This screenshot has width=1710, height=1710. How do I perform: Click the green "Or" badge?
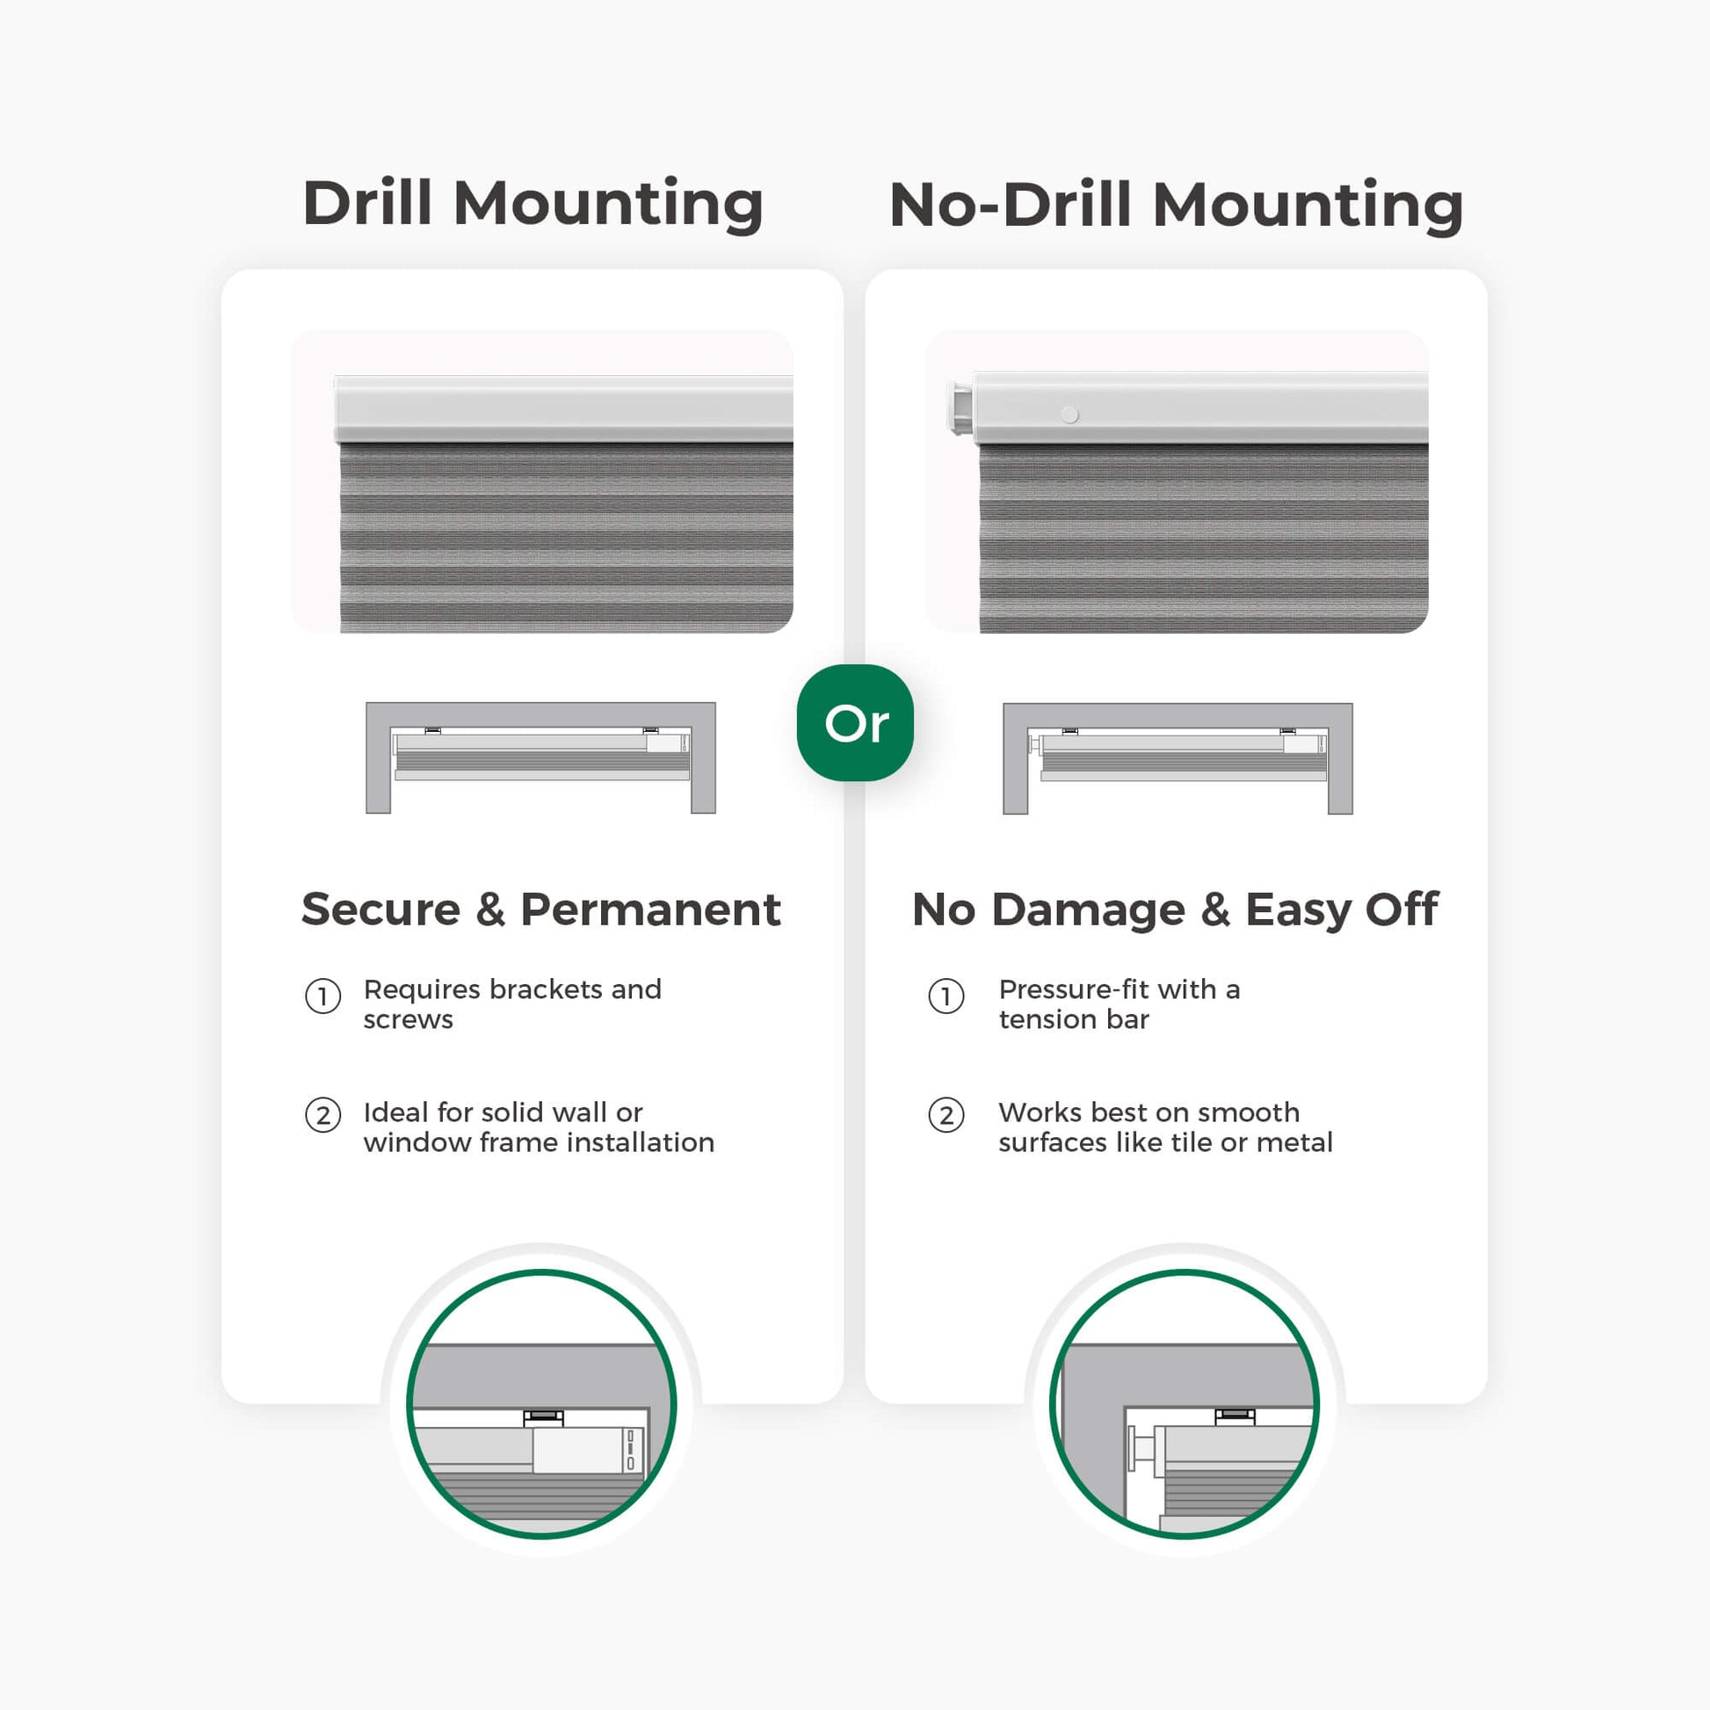(x=855, y=722)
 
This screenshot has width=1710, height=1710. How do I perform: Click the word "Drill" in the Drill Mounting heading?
(x=367, y=203)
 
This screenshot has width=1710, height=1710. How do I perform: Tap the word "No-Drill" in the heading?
(x=1010, y=205)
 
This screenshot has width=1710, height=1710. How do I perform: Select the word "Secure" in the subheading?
(x=380, y=909)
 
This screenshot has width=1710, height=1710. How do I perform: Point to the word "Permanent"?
(x=650, y=909)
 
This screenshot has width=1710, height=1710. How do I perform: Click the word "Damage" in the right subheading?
(x=1088, y=909)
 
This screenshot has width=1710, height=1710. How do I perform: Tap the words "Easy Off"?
(x=1342, y=909)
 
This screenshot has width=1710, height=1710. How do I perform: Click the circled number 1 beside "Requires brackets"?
(x=323, y=996)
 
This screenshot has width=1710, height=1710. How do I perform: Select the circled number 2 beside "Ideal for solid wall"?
(x=323, y=1115)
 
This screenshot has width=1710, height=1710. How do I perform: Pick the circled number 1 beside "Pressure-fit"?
(x=946, y=996)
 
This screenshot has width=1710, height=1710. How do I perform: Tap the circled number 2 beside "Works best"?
(x=946, y=1115)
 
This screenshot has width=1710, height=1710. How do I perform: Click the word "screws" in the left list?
(x=408, y=1019)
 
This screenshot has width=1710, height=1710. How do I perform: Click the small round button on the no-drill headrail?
(x=1069, y=414)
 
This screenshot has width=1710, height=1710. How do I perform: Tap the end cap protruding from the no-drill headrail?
(x=960, y=407)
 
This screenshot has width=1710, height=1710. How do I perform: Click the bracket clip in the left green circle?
(x=543, y=1418)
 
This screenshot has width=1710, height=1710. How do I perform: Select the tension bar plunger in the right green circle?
(x=1142, y=1450)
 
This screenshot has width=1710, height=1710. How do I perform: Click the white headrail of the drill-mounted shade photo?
(x=564, y=409)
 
